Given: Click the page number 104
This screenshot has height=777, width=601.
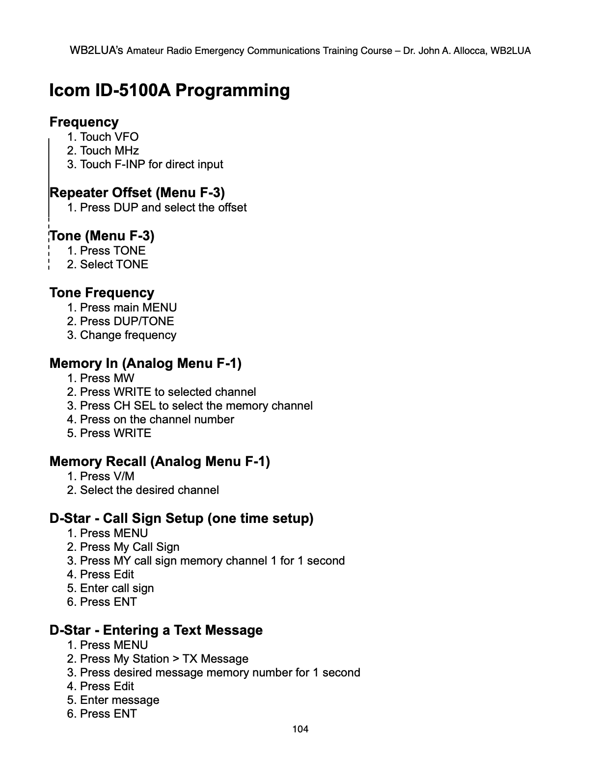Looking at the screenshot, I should coord(300,729).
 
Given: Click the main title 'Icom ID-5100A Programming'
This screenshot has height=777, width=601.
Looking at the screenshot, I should coord(169,90).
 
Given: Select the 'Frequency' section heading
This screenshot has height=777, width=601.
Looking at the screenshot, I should coord(84,122).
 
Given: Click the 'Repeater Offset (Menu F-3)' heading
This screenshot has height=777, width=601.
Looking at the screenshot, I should coord(137,192).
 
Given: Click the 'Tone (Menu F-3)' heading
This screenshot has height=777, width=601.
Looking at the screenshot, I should coord(102,235).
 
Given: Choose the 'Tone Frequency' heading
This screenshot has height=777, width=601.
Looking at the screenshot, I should coord(102,292).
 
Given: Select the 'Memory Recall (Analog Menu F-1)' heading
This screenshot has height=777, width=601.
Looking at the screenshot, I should coord(160,461).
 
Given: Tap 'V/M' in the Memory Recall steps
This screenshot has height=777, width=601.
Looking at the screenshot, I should coord(124,476).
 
